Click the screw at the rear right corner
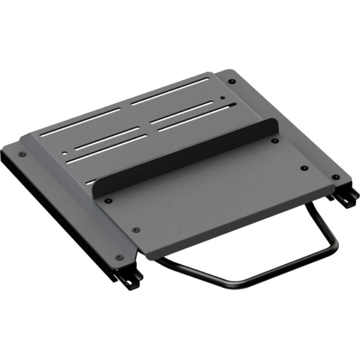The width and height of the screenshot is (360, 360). click(232, 82)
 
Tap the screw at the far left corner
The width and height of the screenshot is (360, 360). click(23, 154)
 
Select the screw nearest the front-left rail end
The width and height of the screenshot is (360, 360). click(119, 257)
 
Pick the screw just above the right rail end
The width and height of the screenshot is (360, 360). click(335, 178)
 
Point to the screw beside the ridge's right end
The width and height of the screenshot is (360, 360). click(275, 140)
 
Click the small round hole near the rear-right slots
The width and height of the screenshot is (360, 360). click(223, 97)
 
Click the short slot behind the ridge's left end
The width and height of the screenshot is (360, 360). click(90, 181)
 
